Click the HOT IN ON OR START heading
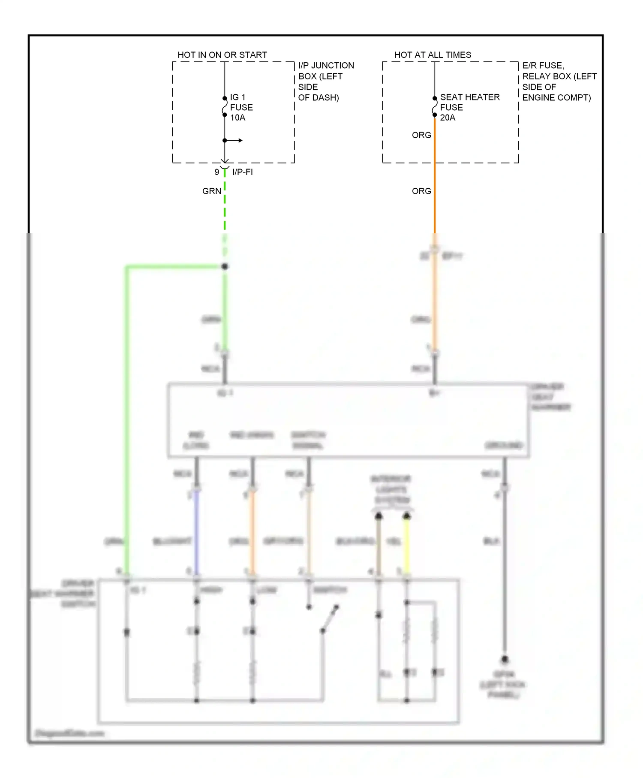[222, 55]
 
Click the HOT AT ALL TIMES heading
[432, 55]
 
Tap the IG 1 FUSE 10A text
[241, 107]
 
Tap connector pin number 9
[217, 172]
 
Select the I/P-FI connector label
[242, 172]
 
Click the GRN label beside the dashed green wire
[211, 191]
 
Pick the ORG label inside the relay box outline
[421, 135]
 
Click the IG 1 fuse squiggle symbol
[224, 107]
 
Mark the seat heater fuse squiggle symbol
[434, 107]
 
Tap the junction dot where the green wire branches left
[225, 266]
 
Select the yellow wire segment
[406, 545]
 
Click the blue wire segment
[197, 532]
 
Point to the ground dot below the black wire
[505, 659]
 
